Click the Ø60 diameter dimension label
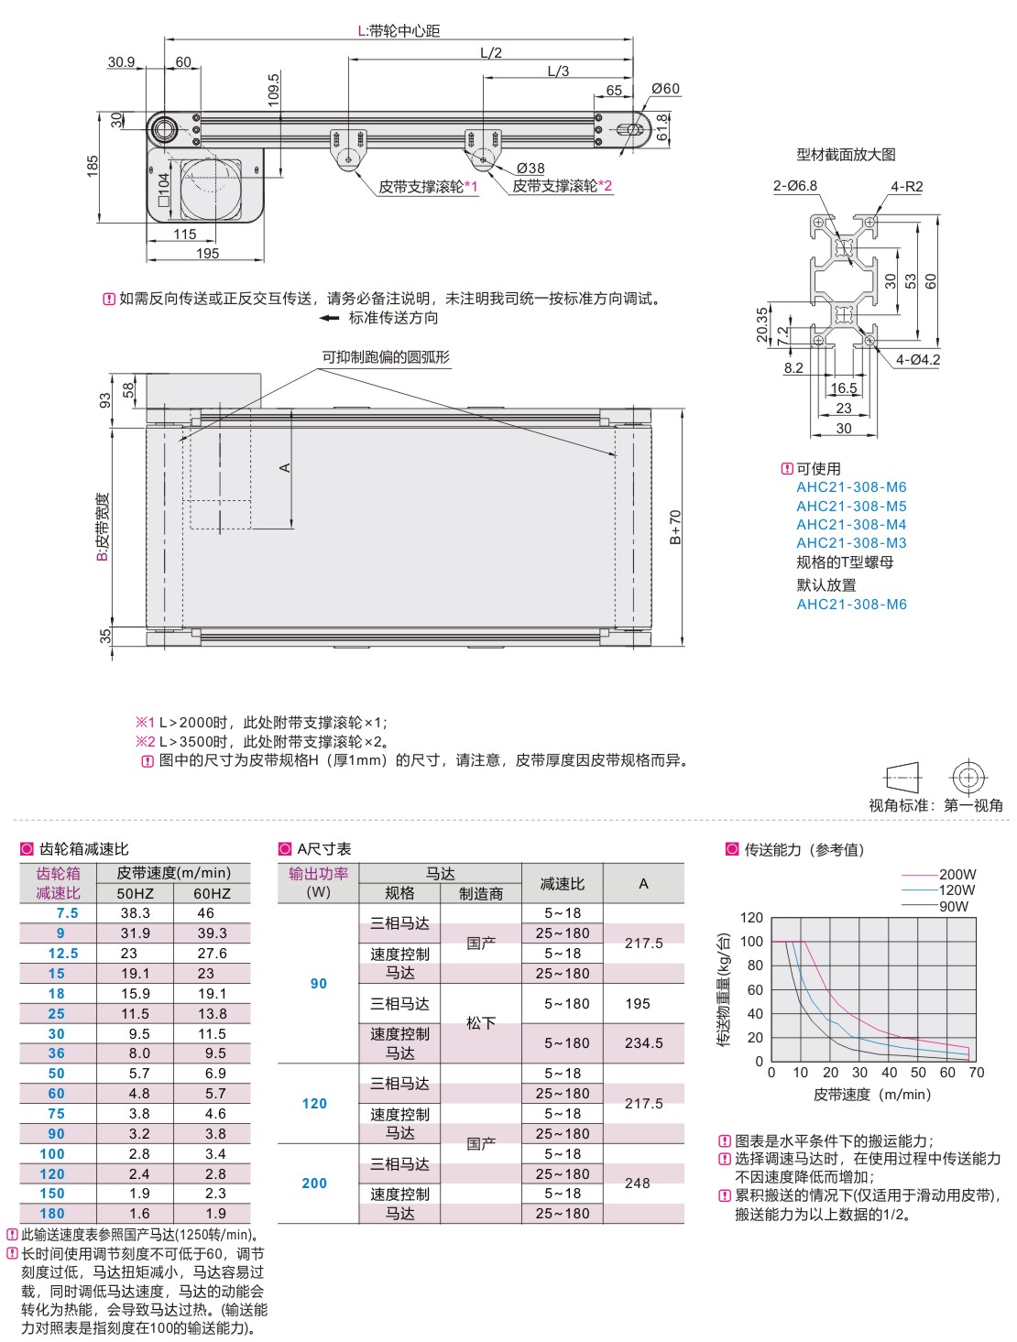pos(665,89)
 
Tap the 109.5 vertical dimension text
pos(273,90)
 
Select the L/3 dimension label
pos(558,71)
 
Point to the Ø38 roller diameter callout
pos(530,168)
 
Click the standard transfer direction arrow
pos(329,318)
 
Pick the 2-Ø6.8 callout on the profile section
pos(794,185)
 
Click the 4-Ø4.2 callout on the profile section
pos(918,359)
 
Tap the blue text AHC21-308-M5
pos(851,506)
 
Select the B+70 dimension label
pos(674,527)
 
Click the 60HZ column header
pos(213,893)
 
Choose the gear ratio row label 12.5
pos(63,954)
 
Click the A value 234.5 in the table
pos(643,1043)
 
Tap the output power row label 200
pos(314,1183)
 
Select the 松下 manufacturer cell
pos(481,1023)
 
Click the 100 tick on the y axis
pos(751,941)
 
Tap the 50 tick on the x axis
pos(918,1072)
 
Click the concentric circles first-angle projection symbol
pos(968,778)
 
